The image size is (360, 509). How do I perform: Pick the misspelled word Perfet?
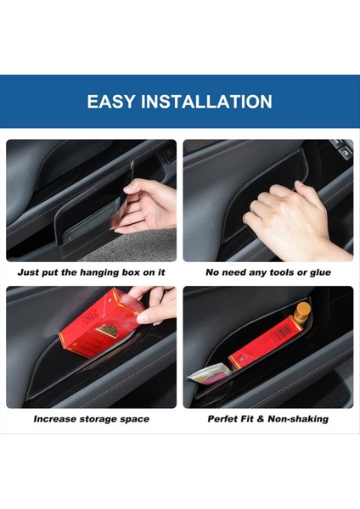pos(224,418)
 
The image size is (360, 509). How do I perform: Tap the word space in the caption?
pos(135,418)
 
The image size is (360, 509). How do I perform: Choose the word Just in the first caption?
pos(29,272)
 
